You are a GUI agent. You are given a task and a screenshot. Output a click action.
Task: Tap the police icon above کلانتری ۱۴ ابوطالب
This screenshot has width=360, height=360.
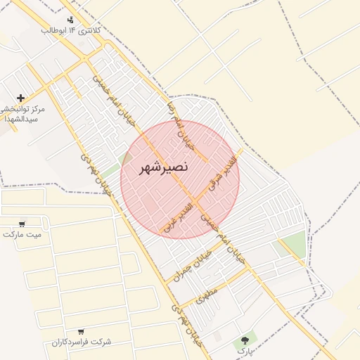(70, 20)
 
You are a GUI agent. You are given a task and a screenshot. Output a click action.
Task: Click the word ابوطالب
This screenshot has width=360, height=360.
(55, 31)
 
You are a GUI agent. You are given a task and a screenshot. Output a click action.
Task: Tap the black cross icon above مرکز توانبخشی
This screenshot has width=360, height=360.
(21, 98)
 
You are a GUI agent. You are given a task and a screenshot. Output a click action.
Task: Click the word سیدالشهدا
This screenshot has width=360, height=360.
(18, 120)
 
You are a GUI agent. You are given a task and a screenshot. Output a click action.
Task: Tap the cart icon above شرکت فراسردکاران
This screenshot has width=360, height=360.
(81, 330)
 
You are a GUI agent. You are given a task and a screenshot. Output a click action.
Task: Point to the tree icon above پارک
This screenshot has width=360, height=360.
(245, 339)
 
